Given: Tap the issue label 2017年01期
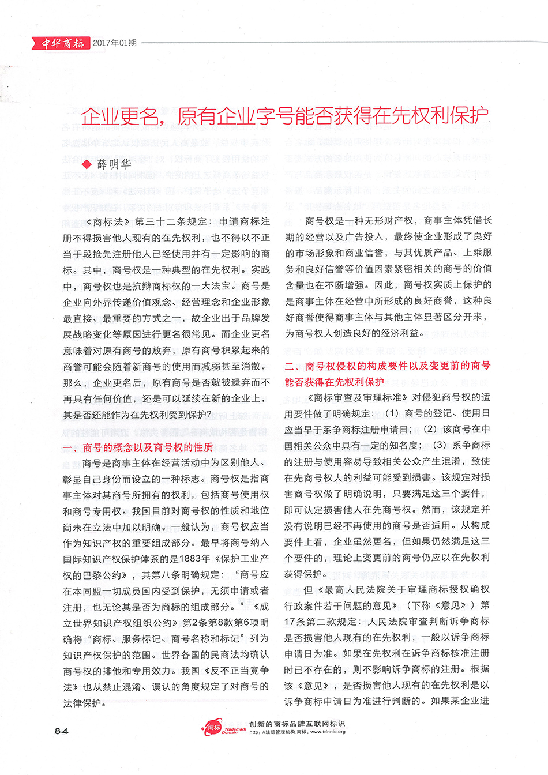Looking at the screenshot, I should coord(115,43).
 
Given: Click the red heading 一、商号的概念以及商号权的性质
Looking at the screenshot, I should coord(138,447).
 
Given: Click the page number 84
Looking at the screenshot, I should coord(61,730).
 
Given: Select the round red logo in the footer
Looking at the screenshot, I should coord(213,728).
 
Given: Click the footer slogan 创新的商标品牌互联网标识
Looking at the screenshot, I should coord(297,724).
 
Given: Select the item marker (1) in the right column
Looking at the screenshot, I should coord(392,413).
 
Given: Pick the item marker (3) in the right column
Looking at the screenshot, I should coord(440,445).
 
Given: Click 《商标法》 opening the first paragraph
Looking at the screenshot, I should coord(107,221).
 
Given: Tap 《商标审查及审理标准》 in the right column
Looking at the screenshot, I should coord(358,397).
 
